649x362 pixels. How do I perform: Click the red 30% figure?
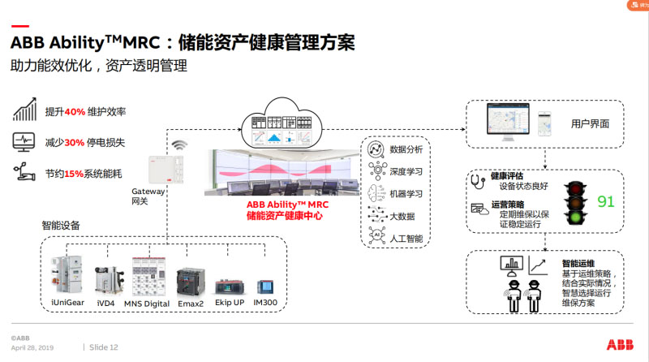[75, 142]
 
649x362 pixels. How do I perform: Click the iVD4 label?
[106, 303]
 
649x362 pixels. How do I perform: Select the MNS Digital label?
[147, 303]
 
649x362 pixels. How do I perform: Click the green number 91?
[606, 201]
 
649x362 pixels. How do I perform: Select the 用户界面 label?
[590, 123]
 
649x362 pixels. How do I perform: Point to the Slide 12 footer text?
[104, 347]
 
